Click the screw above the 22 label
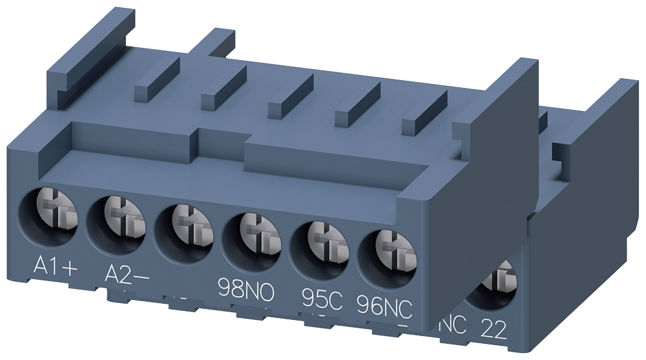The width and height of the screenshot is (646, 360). [x=494, y=284]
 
